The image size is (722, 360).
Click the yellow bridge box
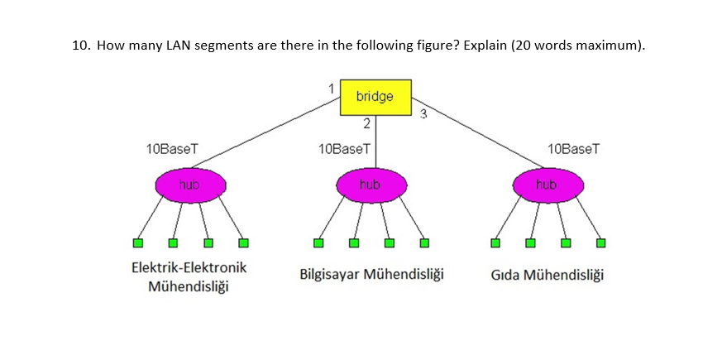pos(375,97)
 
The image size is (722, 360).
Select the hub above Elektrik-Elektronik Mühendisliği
pos(189,185)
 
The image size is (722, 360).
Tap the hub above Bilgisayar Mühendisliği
pos(371,185)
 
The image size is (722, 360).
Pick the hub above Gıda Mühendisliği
pos(547,185)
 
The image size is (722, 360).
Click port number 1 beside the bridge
pos(331,88)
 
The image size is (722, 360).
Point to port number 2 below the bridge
pos(366,124)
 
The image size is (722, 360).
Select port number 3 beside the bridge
pos(423,113)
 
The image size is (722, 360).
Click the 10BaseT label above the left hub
pos(171,149)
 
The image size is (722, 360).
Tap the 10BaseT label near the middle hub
pos(344,149)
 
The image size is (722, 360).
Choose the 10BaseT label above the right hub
pos(573,149)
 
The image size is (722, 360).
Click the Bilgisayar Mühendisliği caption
pos(371,274)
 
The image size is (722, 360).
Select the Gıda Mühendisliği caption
pos(547,274)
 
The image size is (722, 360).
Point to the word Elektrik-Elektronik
pos(189,268)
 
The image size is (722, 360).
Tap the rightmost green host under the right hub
pos(601,243)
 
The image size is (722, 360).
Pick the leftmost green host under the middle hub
pos(318,243)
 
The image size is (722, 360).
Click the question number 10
pos(79,46)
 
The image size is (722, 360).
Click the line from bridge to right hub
pos(480,138)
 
